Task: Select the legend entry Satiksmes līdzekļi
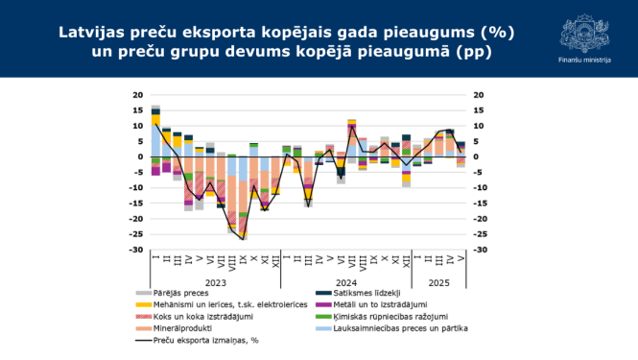pyautogui.click(x=364, y=293)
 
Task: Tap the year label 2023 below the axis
pyautogui.click(x=215, y=282)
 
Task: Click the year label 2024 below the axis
pyautogui.click(x=346, y=282)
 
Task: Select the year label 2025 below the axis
pyautogui.click(x=438, y=282)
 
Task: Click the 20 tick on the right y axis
pyautogui.click(x=479, y=95)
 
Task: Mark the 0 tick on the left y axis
pyautogui.click(x=140, y=156)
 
